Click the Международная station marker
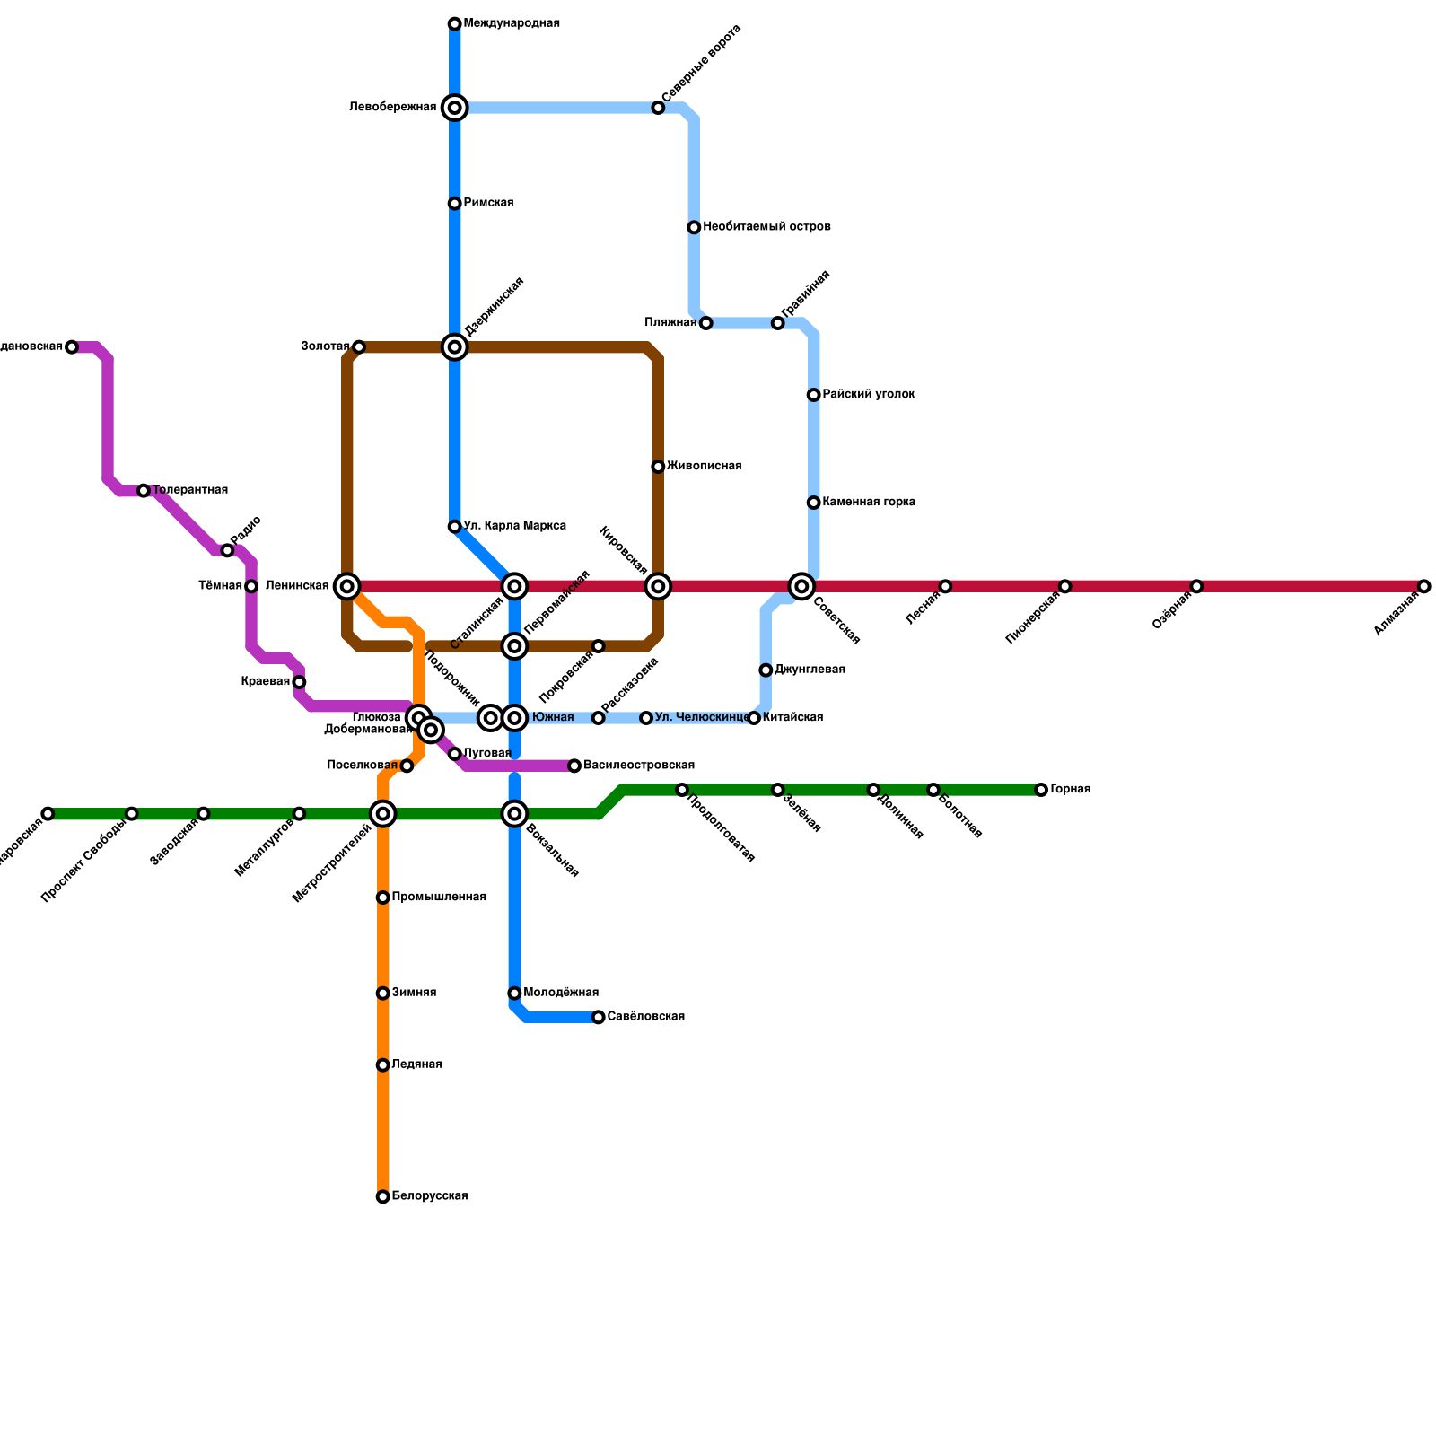pyautogui.click(x=455, y=23)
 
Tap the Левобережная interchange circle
pyautogui.click(x=455, y=108)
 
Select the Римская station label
pyautogui.click(x=488, y=203)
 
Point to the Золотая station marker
pyautogui.click(x=359, y=346)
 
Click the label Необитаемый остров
pyautogui.click(x=766, y=227)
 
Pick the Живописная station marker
pyautogui.click(x=658, y=467)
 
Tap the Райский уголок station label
pyautogui.click(x=868, y=394)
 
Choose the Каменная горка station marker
pyautogui.click(x=813, y=503)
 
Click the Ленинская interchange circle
pyautogui.click(x=347, y=586)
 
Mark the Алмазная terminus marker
pyautogui.click(x=1424, y=586)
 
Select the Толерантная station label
pyautogui.click(x=189, y=490)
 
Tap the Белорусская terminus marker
pyautogui.click(x=383, y=1196)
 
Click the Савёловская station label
pyautogui.click(x=645, y=1017)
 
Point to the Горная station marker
pyautogui.click(x=1041, y=790)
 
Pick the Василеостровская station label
pyautogui.click(x=639, y=766)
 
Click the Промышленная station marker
pyautogui.click(x=383, y=897)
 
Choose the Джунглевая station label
pyautogui.click(x=810, y=670)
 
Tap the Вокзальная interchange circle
pyautogui.click(x=514, y=814)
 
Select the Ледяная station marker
pyautogui.click(x=383, y=1065)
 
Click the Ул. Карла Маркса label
pyautogui.click(x=514, y=526)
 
